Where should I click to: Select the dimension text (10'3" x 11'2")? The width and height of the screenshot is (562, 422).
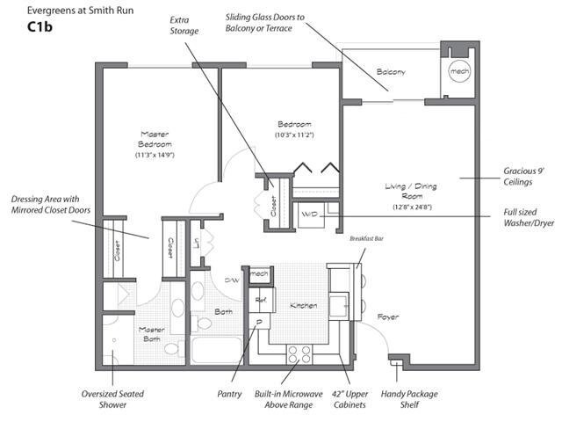294,135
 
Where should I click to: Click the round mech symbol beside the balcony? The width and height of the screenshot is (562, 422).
459,70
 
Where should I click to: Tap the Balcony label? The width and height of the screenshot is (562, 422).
391,72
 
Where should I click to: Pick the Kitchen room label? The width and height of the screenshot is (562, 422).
304,305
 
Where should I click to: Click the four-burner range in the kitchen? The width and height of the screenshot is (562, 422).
299,353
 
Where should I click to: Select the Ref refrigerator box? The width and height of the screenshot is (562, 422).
261,300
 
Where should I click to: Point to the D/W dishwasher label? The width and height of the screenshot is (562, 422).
232,280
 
